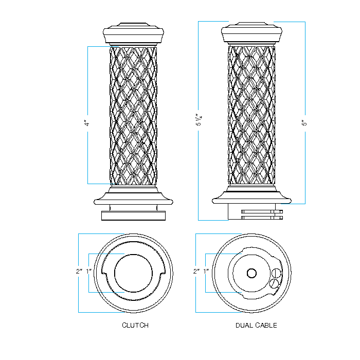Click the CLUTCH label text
[135, 325]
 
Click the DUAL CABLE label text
[256, 325]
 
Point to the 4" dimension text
[87, 123]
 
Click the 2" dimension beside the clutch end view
[79, 271]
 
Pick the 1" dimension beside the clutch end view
[89, 271]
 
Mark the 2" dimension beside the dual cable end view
[196, 271]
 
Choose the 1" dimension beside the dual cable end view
[206, 271]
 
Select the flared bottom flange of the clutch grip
[134, 197]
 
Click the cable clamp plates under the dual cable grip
[262, 214]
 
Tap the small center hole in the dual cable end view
[251, 273]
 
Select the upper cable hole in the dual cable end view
[277, 273]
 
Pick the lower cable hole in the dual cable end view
[275, 283]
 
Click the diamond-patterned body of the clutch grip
[134, 116]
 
